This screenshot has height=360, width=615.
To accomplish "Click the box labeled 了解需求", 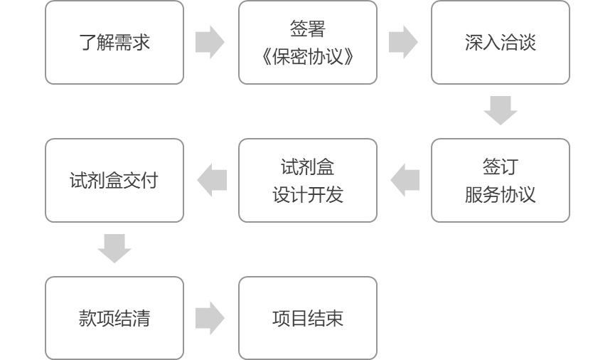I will pyautogui.click(x=114, y=42).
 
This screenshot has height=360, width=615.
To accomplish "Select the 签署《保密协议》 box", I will pyautogui.click(x=308, y=42).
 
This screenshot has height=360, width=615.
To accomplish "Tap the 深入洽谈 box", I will pyautogui.click(x=501, y=42).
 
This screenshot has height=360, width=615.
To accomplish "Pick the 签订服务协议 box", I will pyautogui.click(x=501, y=180).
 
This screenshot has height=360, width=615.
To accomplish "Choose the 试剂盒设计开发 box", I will pyautogui.click(x=308, y=180).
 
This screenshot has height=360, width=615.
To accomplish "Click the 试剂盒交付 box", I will pyautogui.click(x=114, y=180).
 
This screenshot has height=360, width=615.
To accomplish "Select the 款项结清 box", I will pyautogui.click(x=114, y=317).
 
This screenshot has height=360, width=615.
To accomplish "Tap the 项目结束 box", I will pyautogui.click(x=308, y=317).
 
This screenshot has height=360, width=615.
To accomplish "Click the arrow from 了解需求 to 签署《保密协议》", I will pyautogui.click(x=210, y=42).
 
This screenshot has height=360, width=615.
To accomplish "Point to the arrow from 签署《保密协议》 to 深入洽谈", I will pyautogui.click(x=404, y=42).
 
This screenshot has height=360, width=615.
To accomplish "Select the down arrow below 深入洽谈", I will pyautogui.click(x=501, y=111).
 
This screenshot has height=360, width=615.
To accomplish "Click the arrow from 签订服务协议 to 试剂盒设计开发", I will pyautogui.click(x=405, y=180).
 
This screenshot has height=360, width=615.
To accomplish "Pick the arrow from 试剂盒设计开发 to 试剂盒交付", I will pyautogui.click(x=212, y=180).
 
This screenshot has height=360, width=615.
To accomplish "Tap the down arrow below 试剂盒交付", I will pyautogui.click(x=114, y=248).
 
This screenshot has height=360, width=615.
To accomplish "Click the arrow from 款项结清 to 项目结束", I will pyautogui.click(x=210, y=317).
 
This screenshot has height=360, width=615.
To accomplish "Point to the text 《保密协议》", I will pyautogui.click(x=308, y=56).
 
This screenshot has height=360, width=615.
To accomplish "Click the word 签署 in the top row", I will pyautogui.click(x=308, y=29).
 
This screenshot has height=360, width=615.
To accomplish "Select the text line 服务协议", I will pyautogui.click(x=501, y=194).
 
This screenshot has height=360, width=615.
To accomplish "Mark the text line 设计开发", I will pyautogui.click(x=308, y=194).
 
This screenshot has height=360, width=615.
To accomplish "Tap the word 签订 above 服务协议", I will pyautogui.click(x=501, y=167).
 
